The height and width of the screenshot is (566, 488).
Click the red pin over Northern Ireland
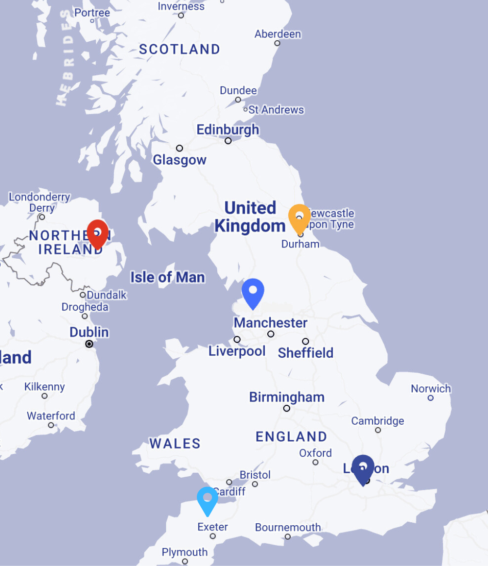(x=97, y=233)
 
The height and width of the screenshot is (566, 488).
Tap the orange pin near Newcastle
(x=299, y=217)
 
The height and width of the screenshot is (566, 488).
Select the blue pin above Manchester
(x=253, y=292)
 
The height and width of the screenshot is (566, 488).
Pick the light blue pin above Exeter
(x=208, y=499)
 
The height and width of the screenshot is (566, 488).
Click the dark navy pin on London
(x=363, y=468)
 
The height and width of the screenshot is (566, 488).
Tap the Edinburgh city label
(x=227, y=130)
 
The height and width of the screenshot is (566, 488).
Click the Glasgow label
(x=179, y=160)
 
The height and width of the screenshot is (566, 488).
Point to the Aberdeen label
(x=278, y=34)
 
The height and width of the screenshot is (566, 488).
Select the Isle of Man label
(x=167, y=278)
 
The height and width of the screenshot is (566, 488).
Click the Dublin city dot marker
(x=89, y=344)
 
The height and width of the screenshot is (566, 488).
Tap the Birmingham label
(x=286, y=397)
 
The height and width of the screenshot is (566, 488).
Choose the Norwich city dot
(x=430, y=398)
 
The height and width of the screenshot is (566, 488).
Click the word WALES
(x=175, y=443)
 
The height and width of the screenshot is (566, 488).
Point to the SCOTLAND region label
(x=179, y=49)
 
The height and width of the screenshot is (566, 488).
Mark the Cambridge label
(x=378, y=421)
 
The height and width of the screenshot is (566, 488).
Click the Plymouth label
(x=184, y=552)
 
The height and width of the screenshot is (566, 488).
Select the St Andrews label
(x=276, y=110)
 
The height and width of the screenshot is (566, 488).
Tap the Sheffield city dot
(x=305, y=341)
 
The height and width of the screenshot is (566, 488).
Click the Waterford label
(x=51, y=416)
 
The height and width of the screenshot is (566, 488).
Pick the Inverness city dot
(x=181, y=16)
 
